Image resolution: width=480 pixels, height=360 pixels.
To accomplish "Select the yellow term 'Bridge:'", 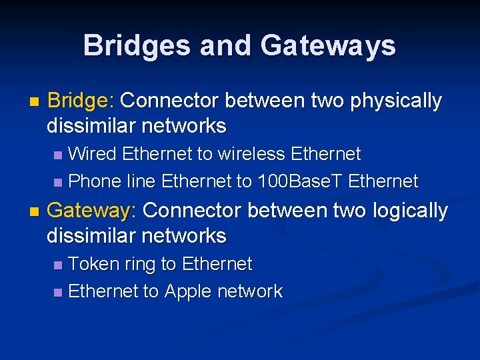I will click(81, 101).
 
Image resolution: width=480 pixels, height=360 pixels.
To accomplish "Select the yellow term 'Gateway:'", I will click(92, 211).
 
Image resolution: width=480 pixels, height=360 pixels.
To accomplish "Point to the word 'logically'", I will click(410, 211).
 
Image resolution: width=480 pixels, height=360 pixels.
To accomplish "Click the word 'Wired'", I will click(93, 154).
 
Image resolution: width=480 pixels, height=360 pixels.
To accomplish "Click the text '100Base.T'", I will click(299, 181).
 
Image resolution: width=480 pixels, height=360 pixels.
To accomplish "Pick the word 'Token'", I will click(94, 264).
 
